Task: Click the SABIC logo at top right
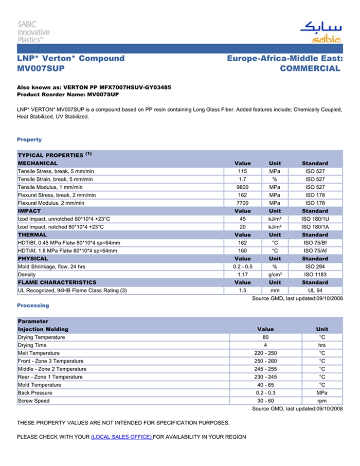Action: (320, 32)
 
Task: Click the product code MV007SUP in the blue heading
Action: (41, 68)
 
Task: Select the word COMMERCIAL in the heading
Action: (310, 68)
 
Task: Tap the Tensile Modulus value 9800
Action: (243, 187)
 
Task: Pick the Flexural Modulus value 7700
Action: (243, 203)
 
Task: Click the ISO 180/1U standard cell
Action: (315, 219)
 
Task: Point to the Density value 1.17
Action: (243, 275)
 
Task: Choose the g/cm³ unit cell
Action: (275, 275)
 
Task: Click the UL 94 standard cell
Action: (315, 291)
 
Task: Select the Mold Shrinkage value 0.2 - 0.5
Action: (243, 266)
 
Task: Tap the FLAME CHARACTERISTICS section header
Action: (57, 282)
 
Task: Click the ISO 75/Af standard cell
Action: (315, 250)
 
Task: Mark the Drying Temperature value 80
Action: (265, 337)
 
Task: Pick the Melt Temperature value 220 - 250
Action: (265, 353)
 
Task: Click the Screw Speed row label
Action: (34, 401)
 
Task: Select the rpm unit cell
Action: (322, 401)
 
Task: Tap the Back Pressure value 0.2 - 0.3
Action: (265, 393)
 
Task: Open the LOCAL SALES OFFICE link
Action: (121, 437)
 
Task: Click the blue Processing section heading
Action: (33, 306)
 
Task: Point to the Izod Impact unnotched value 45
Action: (243, 219)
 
